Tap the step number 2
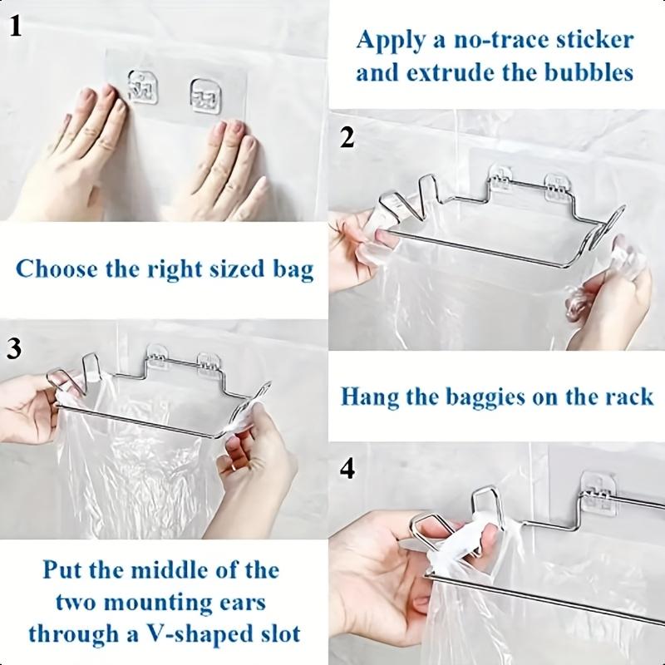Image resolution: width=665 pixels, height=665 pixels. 348,137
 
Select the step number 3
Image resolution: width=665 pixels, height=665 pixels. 14,348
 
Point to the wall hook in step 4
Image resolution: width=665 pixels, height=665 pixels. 598,490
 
